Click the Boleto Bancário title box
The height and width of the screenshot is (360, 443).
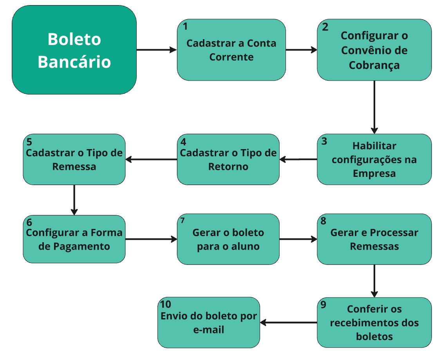(74, 50)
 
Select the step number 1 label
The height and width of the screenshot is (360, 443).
(185, 27)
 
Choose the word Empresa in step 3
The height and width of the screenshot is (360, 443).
(374, 173)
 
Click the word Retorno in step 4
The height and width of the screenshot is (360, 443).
(228, 167)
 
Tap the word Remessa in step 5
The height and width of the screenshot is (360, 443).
(74, 167)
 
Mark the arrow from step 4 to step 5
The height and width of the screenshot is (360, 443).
(151, 159)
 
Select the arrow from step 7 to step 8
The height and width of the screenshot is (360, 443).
(298, 239)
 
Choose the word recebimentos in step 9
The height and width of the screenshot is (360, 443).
(360, 323)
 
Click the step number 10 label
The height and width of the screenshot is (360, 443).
(166, 304)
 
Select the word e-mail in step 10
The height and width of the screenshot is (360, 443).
(209, 330)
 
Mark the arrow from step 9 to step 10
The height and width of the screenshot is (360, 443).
(289, 322)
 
